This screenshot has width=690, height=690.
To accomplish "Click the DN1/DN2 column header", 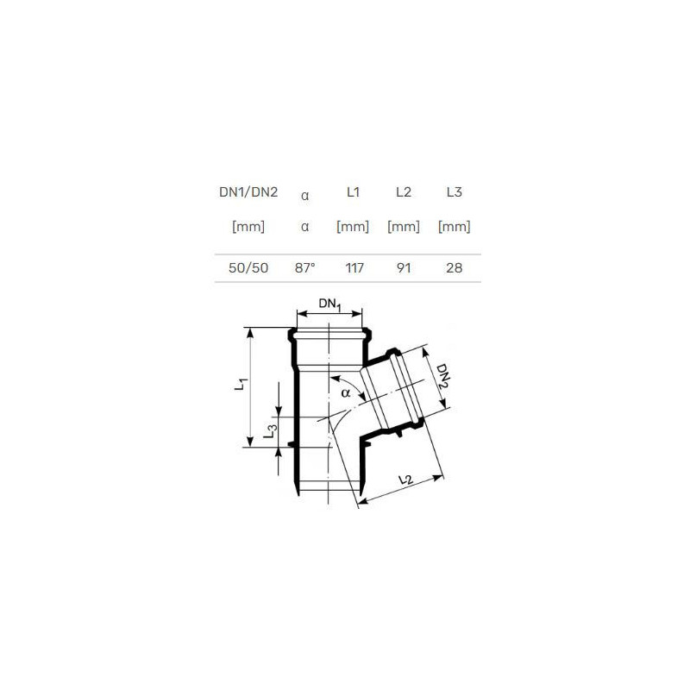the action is pos(248,192).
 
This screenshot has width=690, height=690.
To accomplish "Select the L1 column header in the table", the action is pos(353,191).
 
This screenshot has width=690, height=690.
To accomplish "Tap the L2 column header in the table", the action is pos(404,191).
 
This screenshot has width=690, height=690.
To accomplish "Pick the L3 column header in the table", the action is pos(455,191).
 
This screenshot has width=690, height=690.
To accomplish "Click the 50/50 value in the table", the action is pos(248,268).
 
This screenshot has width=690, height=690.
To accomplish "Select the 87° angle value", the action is pos(305,267).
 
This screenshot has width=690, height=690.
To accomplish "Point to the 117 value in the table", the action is pos(354,268).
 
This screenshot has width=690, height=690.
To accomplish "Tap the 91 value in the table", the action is pos(404,268).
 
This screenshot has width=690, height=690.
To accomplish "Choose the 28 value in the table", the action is pos(455,268).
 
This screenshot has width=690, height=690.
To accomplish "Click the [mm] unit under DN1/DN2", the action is pos(248,227).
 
